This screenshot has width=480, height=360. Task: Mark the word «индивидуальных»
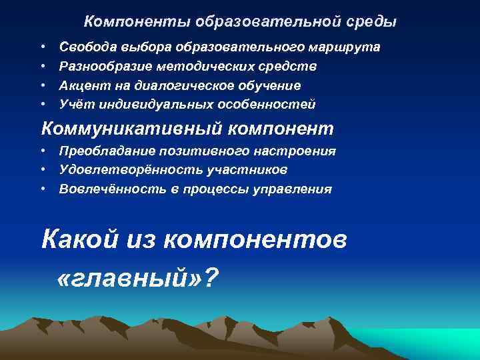pos(147,105)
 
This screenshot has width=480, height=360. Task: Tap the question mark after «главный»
pos(211,275)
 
